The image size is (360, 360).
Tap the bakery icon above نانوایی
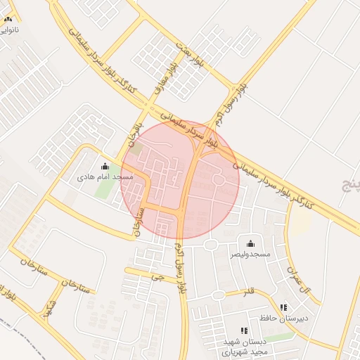[x=8, y=20]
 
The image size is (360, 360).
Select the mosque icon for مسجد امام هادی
[x=105, y=167]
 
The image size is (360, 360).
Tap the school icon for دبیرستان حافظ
[x=283, y=307]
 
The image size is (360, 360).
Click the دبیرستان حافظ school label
[x=285, y=319]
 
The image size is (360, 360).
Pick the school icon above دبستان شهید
[x=244, y=330]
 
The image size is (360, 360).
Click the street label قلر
[x=249, y=291]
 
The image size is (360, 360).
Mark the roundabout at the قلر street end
[x=218, y=294]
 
